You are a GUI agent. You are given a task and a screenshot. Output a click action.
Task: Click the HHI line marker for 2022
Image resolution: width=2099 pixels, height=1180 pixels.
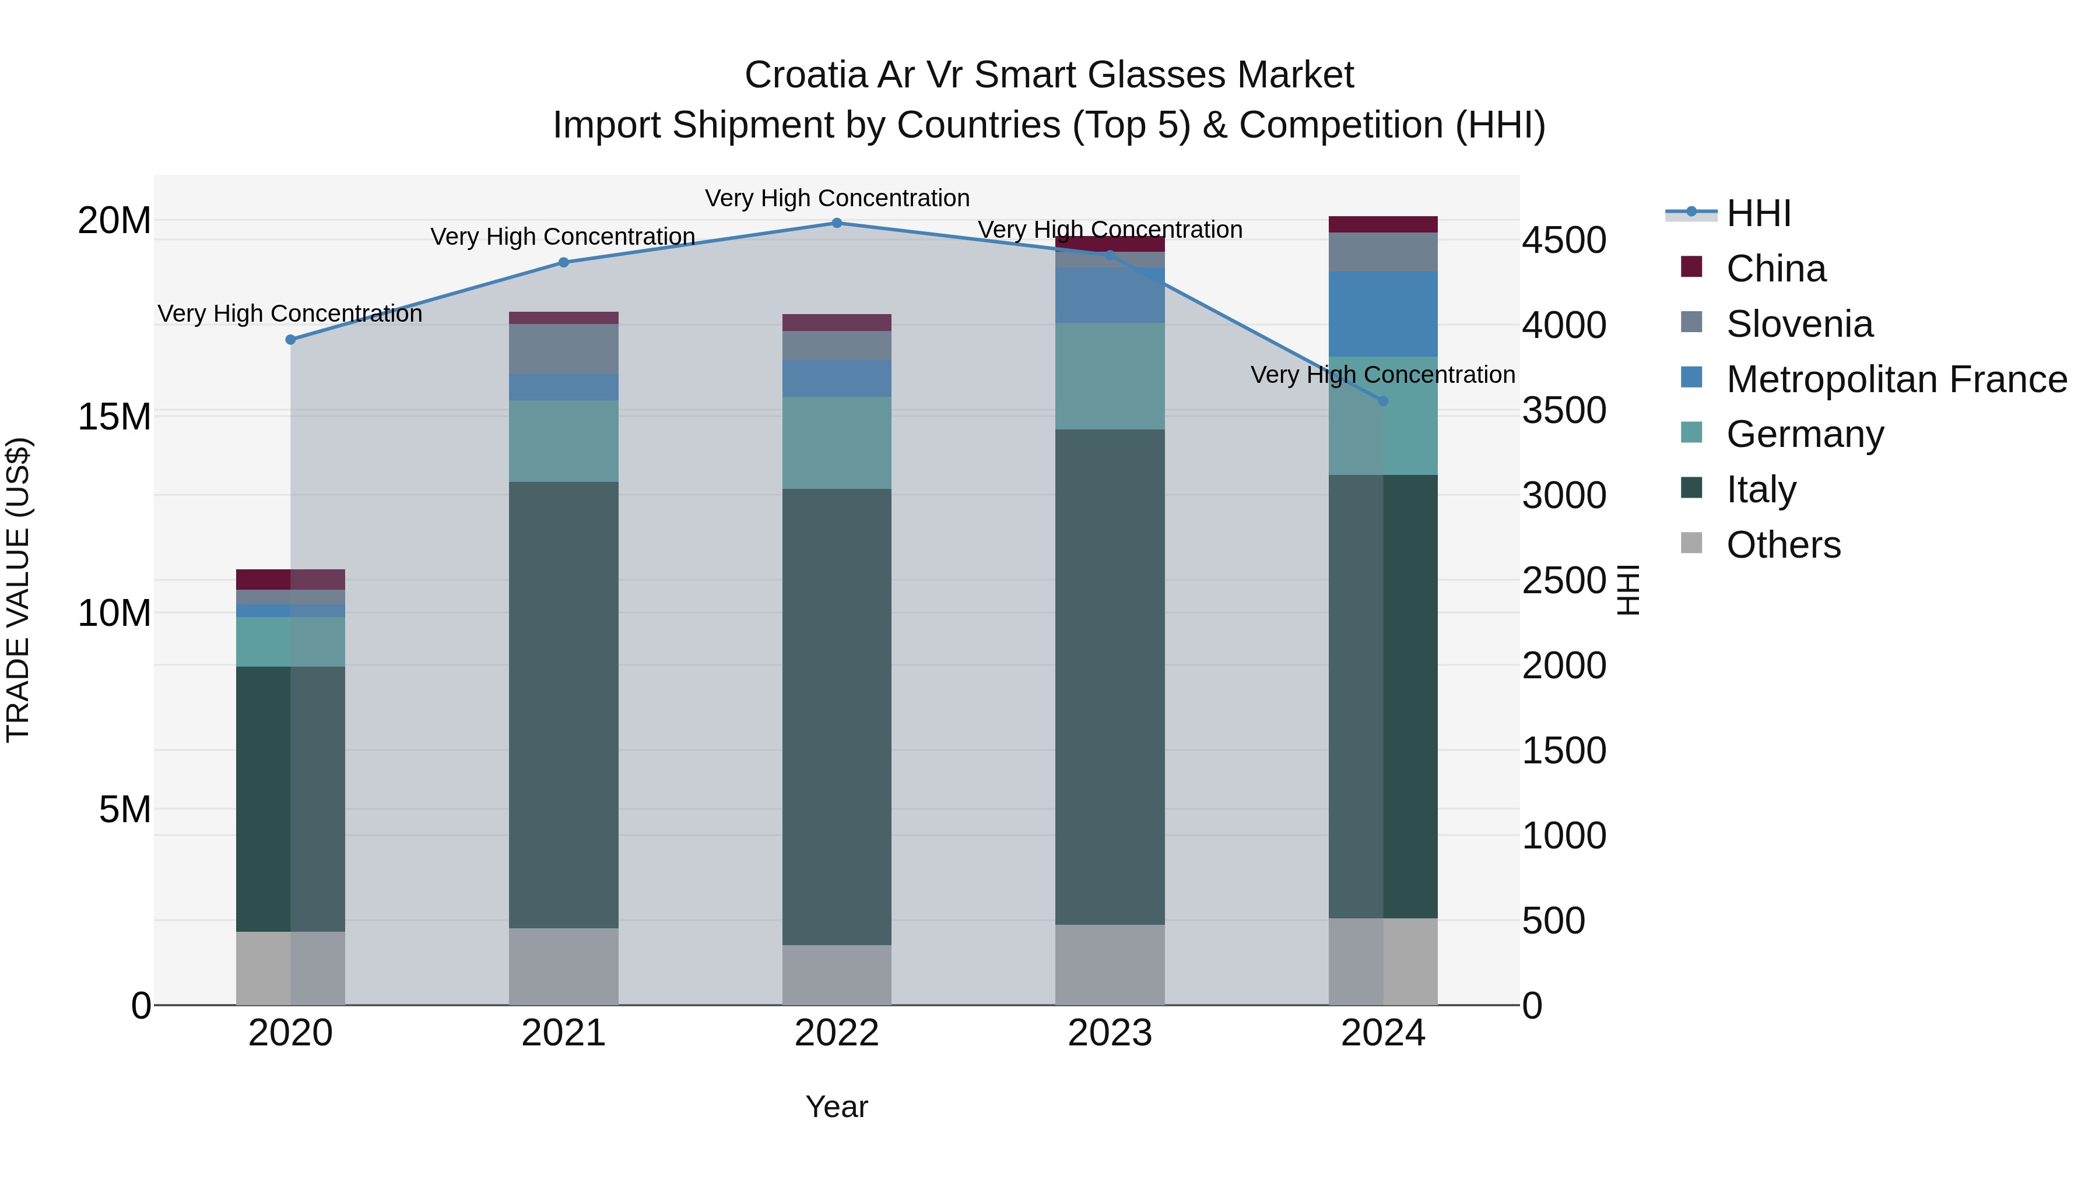pos(837,223)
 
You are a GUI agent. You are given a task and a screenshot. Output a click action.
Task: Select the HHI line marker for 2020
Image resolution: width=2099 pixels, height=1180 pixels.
pos(290,340)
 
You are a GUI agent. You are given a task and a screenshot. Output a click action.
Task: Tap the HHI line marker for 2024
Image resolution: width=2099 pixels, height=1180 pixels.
pos(1383,401)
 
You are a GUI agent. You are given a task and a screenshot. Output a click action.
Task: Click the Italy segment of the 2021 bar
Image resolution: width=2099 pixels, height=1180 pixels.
pos(563,705)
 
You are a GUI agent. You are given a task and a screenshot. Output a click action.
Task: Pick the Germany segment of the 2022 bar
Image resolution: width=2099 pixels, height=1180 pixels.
pos(837,442)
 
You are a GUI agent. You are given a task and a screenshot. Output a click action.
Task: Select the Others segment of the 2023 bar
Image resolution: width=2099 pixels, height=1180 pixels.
pos(1110,964)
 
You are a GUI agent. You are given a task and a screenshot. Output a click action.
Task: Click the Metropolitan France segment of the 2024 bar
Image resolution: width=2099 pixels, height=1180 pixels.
pos(1383,314)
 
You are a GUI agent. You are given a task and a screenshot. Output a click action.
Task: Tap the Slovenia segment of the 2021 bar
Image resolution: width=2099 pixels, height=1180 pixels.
pos(563,348)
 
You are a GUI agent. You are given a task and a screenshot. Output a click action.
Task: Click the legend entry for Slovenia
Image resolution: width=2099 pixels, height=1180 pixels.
pos(1799,324)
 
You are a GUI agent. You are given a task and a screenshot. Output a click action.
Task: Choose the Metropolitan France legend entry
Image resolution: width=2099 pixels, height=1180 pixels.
pos(1896,379)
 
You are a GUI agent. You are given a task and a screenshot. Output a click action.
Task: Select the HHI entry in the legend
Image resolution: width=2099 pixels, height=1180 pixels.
pos(1757,213)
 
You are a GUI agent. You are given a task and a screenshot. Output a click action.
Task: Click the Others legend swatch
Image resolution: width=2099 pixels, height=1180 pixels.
pos(1691,543)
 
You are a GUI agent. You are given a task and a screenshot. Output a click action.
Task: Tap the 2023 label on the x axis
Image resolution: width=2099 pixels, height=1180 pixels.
pos(1110,1033)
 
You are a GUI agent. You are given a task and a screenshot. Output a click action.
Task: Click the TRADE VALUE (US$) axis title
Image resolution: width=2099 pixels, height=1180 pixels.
pos(18,590)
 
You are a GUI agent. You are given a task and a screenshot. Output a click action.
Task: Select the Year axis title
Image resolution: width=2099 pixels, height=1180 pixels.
pos(837,1107)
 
